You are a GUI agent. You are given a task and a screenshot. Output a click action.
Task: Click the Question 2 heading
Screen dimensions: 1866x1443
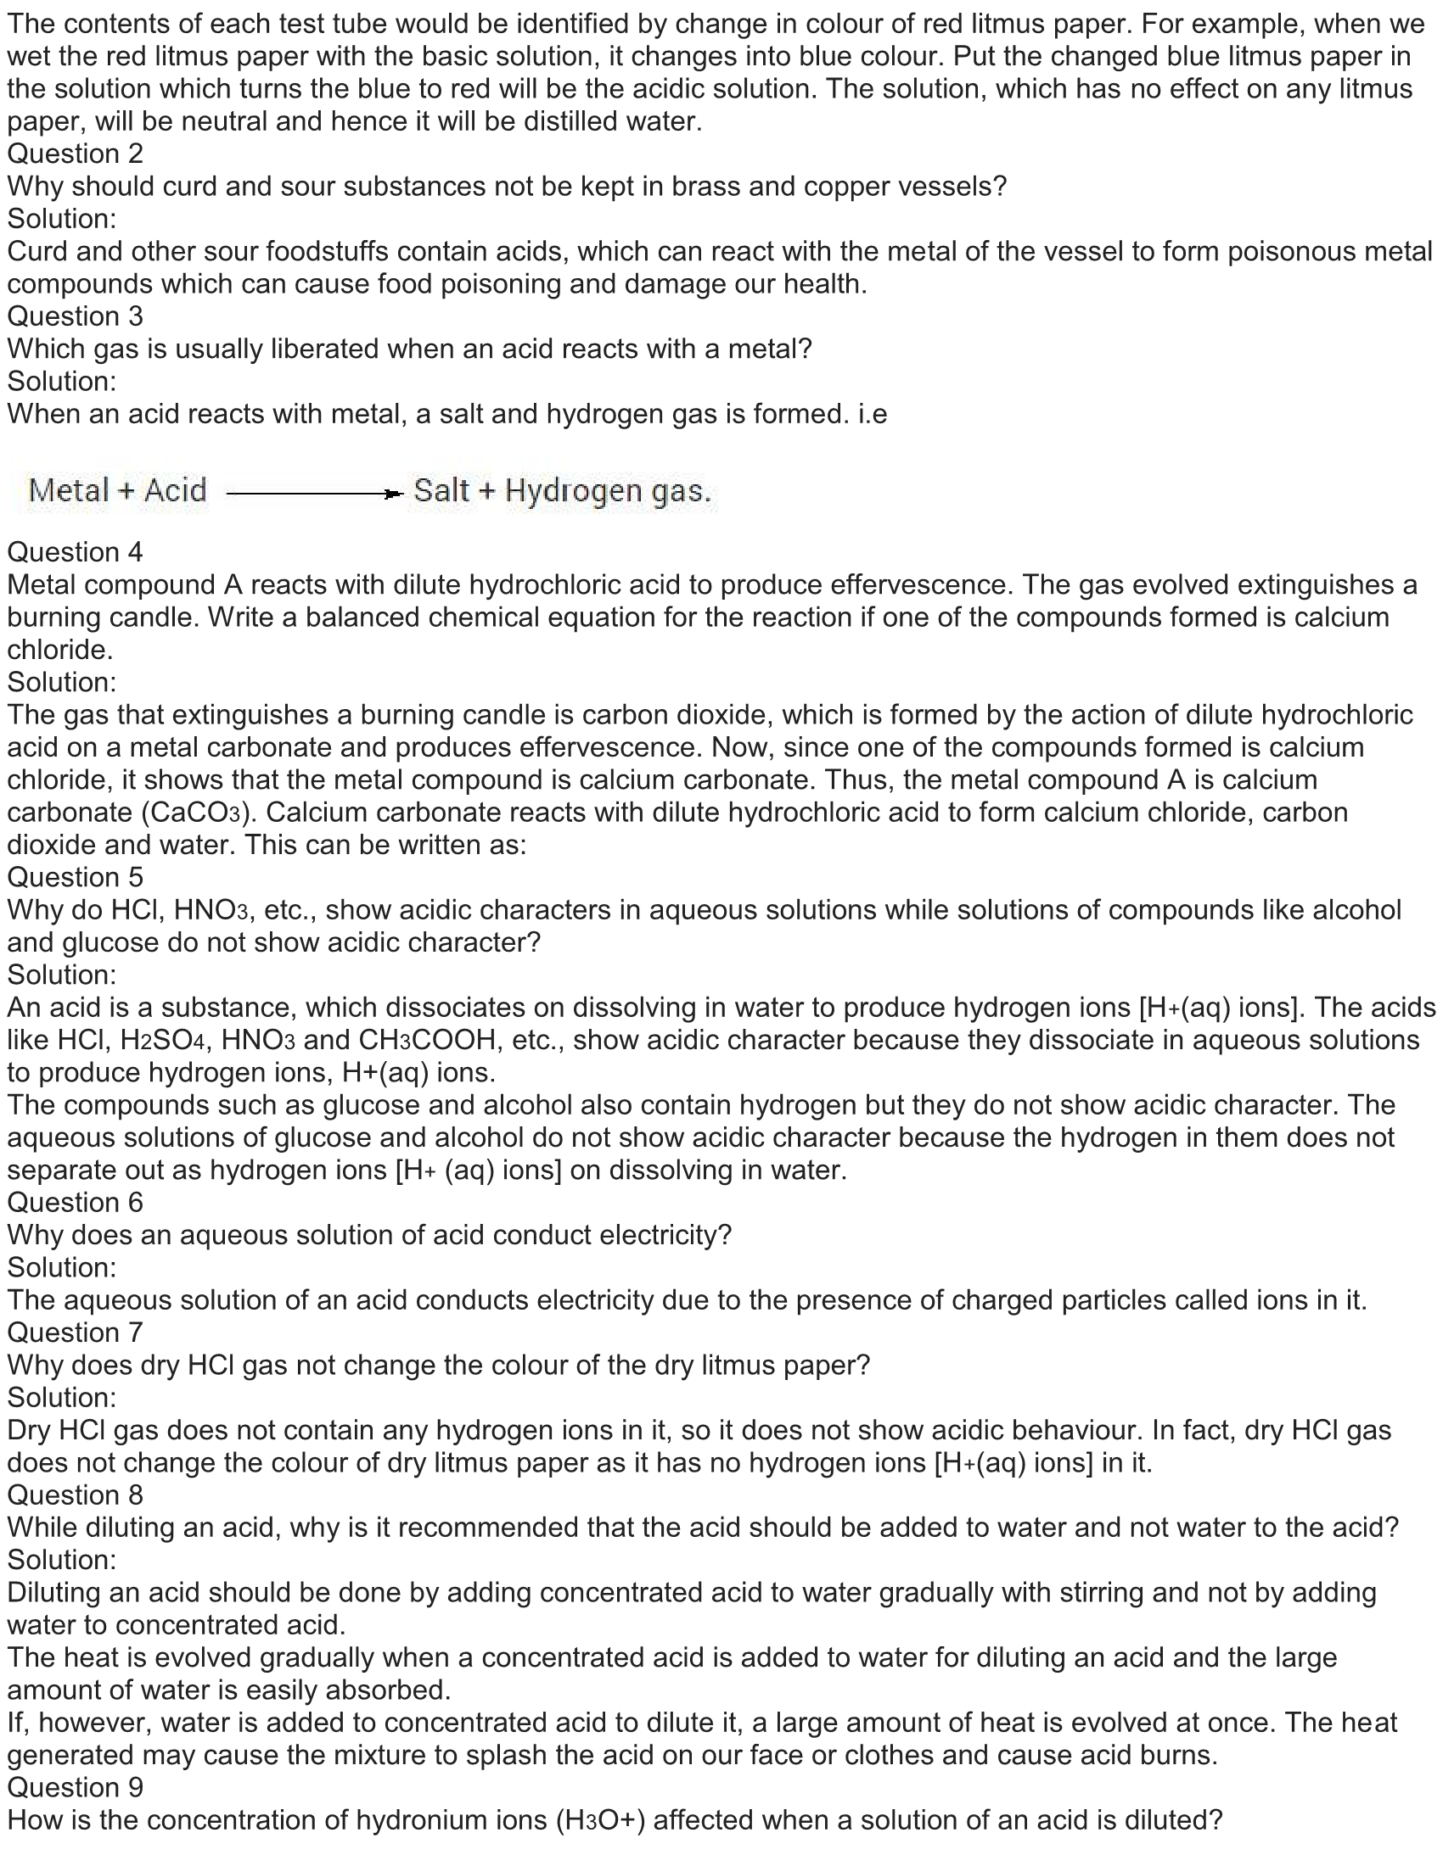pos(76,154)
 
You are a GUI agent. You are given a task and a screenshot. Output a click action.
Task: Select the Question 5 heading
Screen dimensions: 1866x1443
pos(76,878)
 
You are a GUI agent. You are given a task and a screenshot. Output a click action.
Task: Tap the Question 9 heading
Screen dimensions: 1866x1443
pos(76,1787)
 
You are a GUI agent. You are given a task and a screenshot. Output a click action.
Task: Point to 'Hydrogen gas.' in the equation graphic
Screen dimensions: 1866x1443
pos(608,491)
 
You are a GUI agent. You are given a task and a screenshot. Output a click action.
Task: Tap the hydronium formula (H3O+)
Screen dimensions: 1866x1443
pos(599,1820)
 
